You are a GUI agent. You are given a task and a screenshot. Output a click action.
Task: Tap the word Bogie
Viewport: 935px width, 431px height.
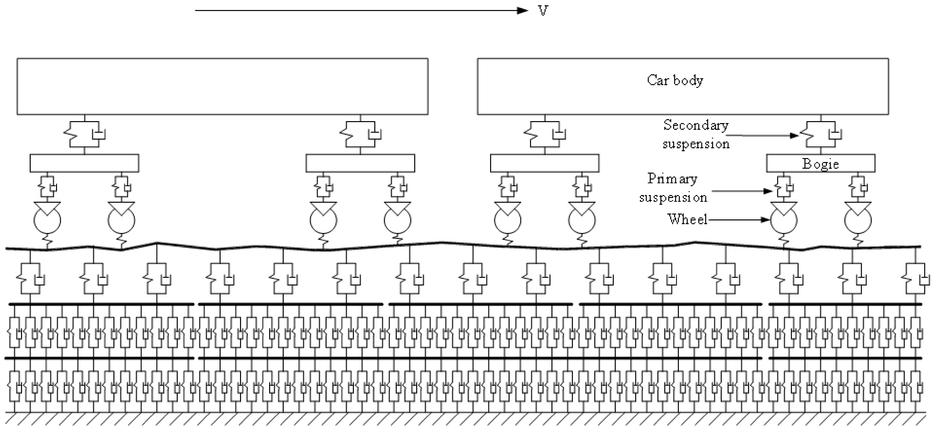coord(820,164)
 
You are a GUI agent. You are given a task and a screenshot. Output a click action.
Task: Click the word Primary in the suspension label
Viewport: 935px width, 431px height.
coord(672,179)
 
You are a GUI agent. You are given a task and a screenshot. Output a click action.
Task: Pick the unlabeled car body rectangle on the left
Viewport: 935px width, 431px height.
coord(222,87)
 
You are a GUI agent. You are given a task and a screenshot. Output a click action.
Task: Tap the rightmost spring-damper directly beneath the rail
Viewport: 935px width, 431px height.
coord(915,278)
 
